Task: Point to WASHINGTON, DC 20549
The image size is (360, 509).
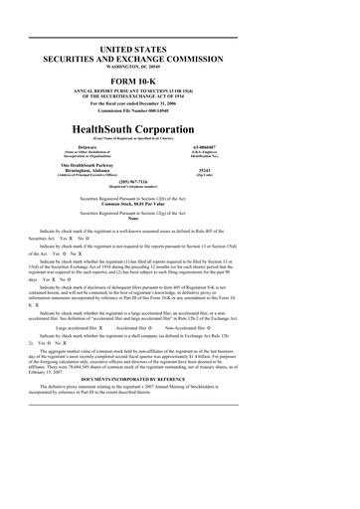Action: tap(180, 68)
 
